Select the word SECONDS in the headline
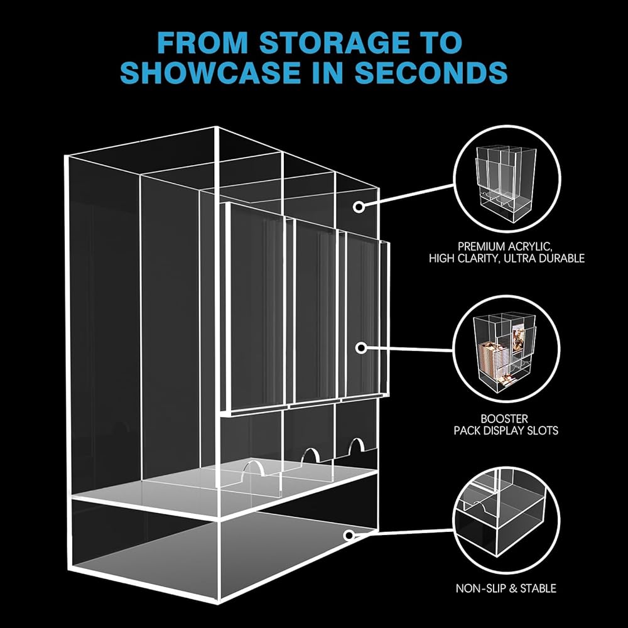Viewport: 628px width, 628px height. tap(432, 73)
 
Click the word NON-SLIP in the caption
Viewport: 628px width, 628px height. tap(482, 588)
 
